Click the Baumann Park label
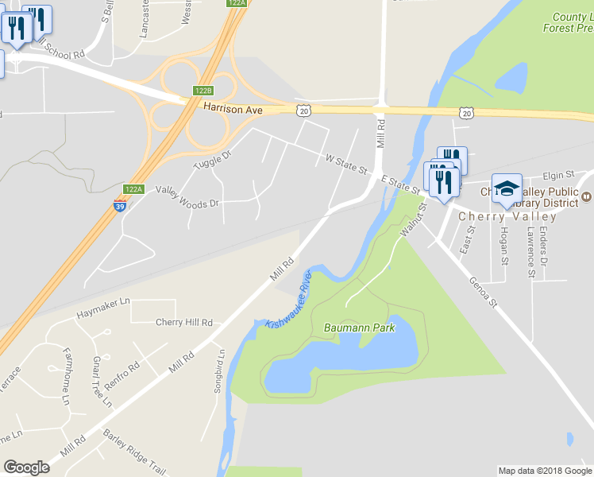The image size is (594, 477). click(x=359, y=328)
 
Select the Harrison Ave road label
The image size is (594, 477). click(x=232, y=107)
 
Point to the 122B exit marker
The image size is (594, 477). click(x=203, y=90)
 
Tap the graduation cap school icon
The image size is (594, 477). click(x=507, y=189)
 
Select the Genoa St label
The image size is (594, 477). click(x=482, y=292)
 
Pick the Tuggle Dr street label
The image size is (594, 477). click(x=212, y=159)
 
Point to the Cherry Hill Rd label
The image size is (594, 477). click(x=184, y=323)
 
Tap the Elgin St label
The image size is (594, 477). click(x=557, y=175)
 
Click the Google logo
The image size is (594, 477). click(x=26, y=467)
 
